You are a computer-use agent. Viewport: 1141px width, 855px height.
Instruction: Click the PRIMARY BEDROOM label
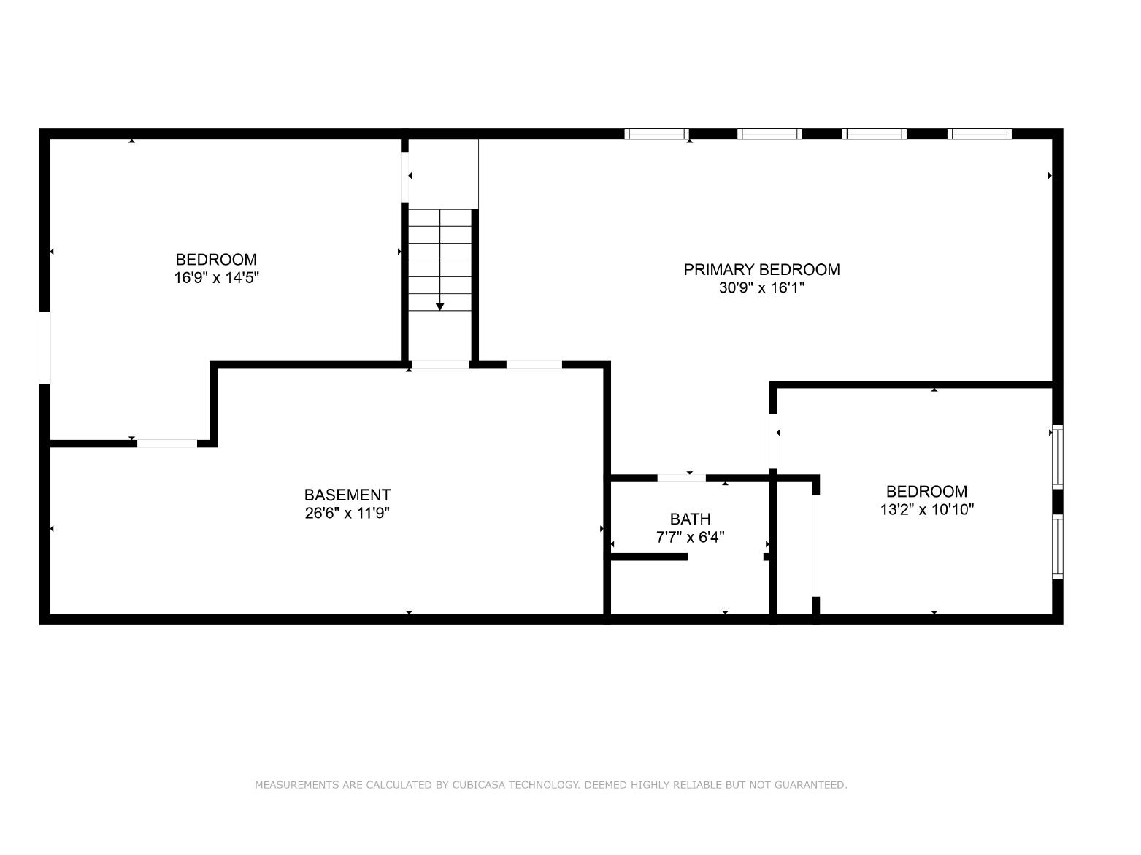[x=761, y=270]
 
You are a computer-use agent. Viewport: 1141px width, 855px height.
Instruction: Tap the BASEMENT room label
[x=347, y=495]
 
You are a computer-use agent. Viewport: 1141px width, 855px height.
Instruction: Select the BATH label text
[x=690, y=519]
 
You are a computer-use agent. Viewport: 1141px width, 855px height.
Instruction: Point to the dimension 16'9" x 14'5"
[x=216, y=277]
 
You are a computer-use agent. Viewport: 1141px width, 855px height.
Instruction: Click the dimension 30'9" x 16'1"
[x=761, y=287]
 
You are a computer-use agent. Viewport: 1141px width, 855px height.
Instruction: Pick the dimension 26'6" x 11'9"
[x=347, y=513]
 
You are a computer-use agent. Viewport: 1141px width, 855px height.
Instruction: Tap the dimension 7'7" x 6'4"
[x=690, y=537]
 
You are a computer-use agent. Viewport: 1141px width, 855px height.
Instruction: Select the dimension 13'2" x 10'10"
[x=927, y=509]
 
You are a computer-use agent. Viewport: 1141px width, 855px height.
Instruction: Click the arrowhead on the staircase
[x=439, y=306]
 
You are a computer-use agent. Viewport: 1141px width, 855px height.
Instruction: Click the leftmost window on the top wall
[x=656, y=134]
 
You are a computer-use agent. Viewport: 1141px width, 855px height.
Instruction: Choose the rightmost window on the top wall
[x=980, y=134]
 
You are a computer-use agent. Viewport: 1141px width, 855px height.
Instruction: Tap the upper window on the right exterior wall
[x=1058, y=457]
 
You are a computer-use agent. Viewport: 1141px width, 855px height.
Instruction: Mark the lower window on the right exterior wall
[x=1058, y=546]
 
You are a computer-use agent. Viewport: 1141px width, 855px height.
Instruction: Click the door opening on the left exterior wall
[x=45, y=348]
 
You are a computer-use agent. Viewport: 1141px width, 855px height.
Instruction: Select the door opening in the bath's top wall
[x=682, y=479]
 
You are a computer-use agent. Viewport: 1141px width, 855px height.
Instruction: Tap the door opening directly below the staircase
[x=440, y=365]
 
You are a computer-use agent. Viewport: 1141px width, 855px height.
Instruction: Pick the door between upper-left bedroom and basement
[x=167, y=443]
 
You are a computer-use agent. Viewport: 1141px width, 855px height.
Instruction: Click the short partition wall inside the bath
[x=649, y=557]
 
